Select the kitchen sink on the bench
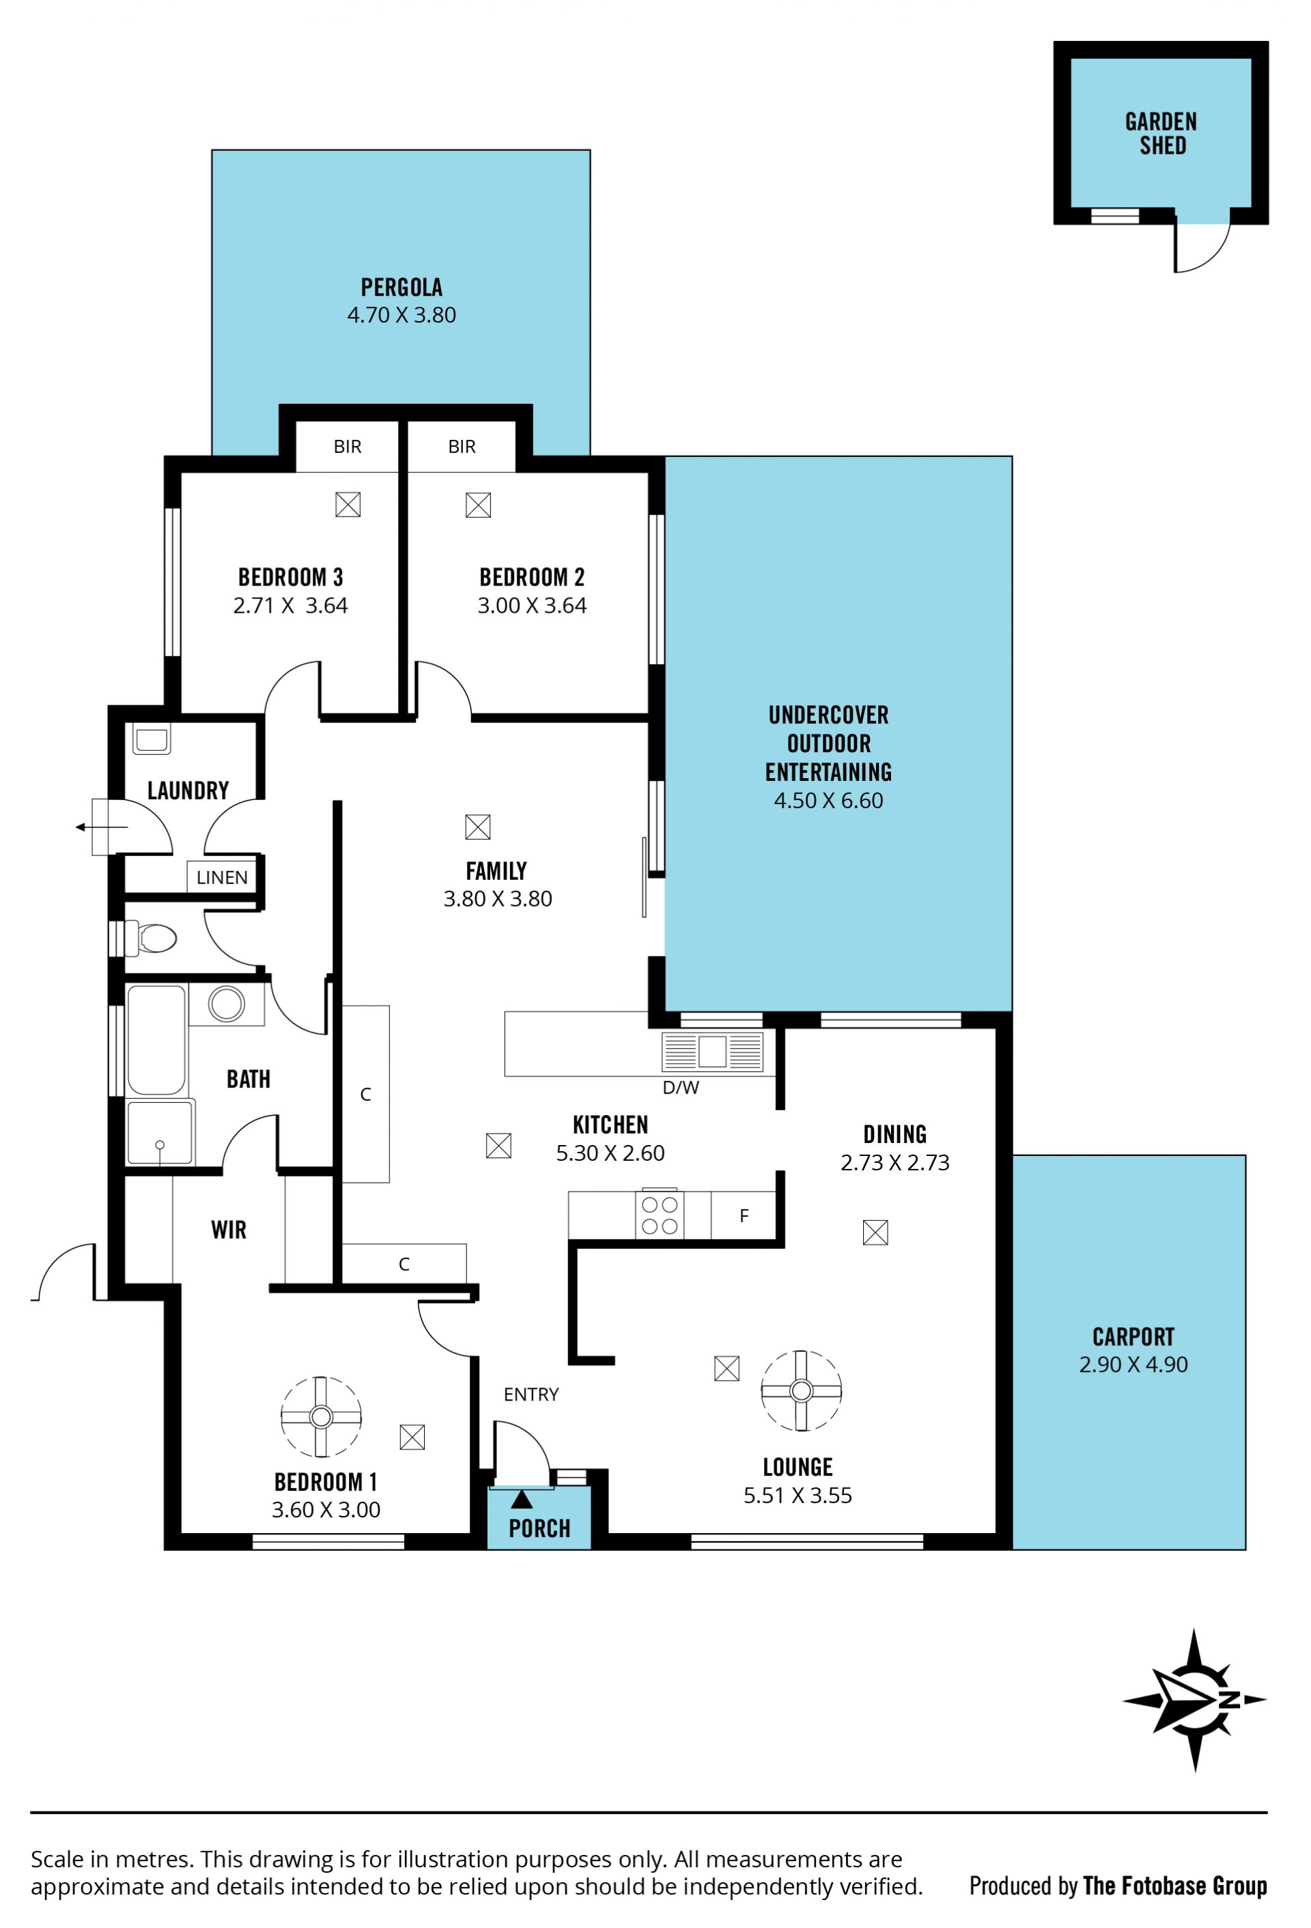pos(711,1051)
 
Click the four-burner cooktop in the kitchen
pos(659,1215)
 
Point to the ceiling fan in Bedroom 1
pos(321,1416)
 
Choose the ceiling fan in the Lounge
pos(801,1390)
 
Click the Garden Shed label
pos(1161,134)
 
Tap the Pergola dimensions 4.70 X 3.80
pos(401,315)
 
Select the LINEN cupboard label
pos(222,877)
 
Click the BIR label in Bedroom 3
pos(348,446)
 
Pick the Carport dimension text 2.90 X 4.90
pos(1133,1365)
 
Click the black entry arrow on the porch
pos(522,1499)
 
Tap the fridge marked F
pos(744,1215)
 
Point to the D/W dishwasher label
pos(681,1088)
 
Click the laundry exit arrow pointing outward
pos(102,827)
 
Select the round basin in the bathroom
pos(227,1004)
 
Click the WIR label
pos(229,1230)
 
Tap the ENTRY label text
pos(531,1394)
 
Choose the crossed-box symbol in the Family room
pos(478,827)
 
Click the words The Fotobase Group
pos(1175,1886)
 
